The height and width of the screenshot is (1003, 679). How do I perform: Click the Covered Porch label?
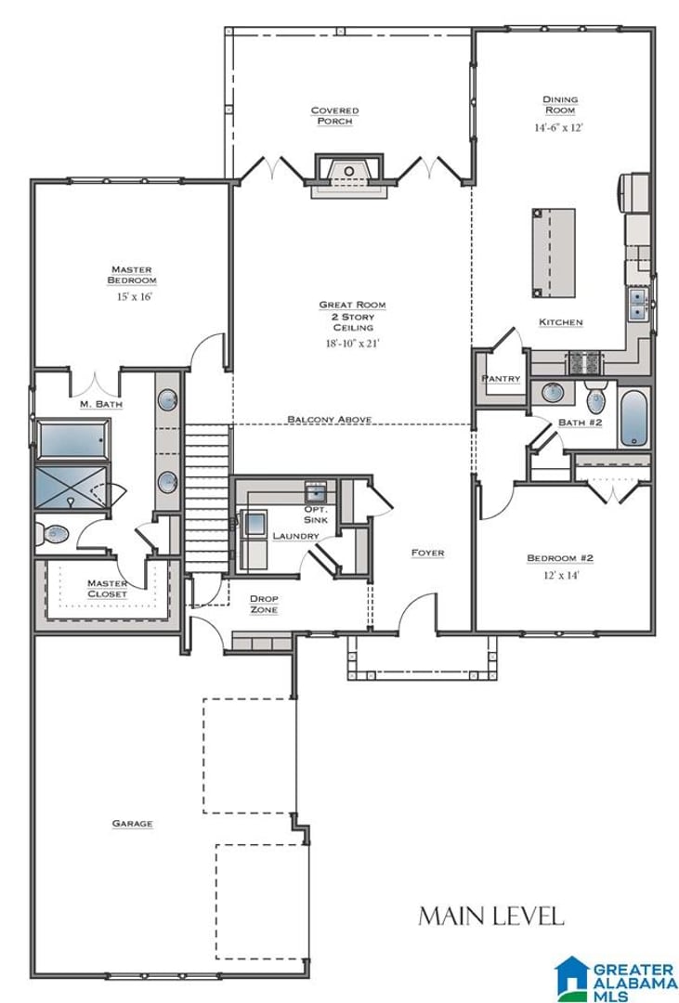tap(334, 116)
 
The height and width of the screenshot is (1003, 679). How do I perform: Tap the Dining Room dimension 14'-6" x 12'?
tap(558, 127)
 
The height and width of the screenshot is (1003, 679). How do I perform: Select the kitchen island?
tap(554, 253)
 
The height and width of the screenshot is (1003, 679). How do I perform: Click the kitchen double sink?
tap(637, 303)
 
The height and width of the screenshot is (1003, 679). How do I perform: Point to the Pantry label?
tap(501, 379)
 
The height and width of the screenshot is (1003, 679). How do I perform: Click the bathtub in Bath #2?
tap(633, 418)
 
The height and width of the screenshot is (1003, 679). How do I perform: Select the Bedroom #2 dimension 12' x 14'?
tap(561, 575)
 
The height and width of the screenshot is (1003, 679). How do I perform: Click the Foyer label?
tap(427, 553)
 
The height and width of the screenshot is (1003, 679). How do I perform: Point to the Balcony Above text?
tap(330, 419)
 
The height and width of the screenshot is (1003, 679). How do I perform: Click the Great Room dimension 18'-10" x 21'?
tap(353, 344)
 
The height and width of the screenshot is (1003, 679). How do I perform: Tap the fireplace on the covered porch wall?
tap(349, 176)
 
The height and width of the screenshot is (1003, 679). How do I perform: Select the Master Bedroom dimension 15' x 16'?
tap(134, 297)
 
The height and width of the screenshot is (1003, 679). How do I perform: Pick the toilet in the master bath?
tap(51, 533)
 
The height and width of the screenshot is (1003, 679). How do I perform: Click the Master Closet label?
tap(108, 589)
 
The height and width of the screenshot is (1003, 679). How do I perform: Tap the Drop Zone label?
tap(264, 605)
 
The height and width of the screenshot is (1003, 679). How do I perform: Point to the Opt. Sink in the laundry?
tap(316, 492)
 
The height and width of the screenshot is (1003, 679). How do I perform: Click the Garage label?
tap(133, 823)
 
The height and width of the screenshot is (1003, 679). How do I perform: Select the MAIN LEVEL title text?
tap(491, 916)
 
